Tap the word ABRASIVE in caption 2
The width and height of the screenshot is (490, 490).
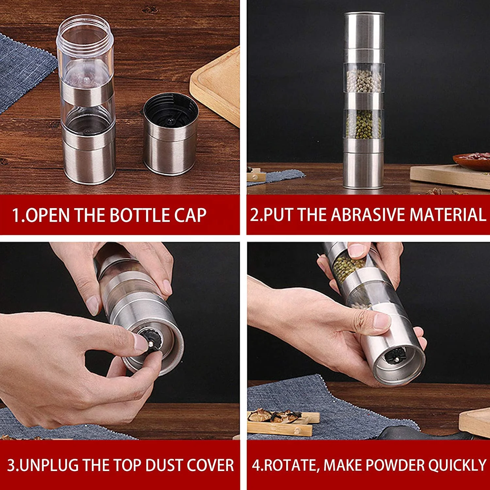click(x=369, y=215)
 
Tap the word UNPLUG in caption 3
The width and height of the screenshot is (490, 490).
click(x=49, y=465)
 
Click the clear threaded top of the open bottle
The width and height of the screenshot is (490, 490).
click(x=85, y=33)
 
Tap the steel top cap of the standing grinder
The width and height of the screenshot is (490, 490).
click(x=364, y=31)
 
